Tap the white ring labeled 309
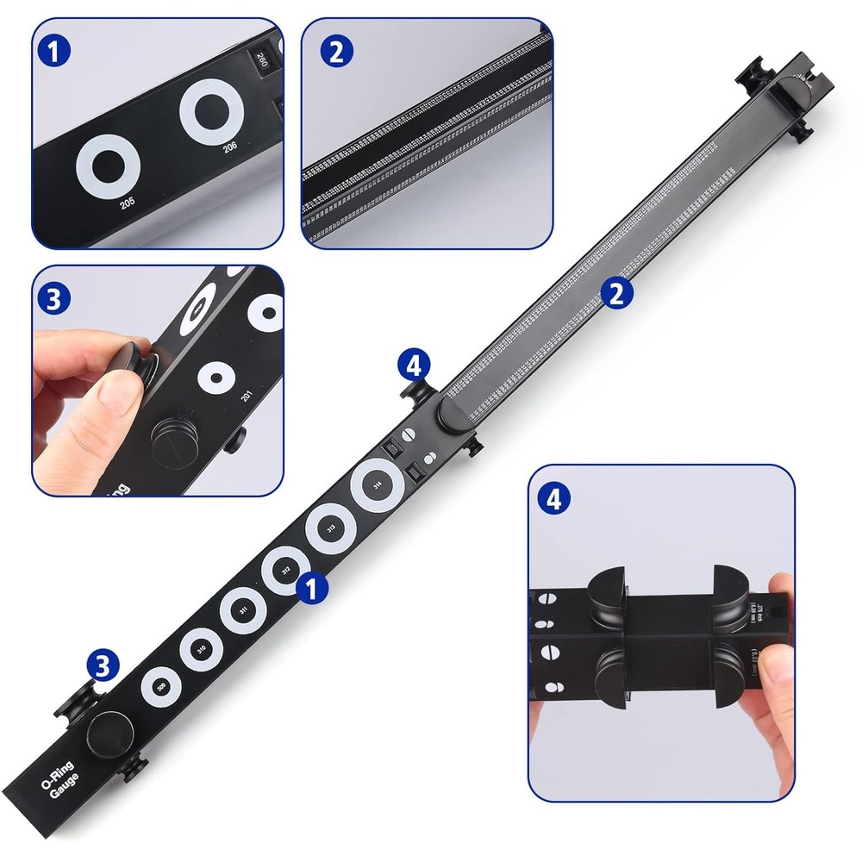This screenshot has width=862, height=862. pyautogui.click(x=161, y=686)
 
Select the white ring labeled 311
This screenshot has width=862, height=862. pyautogui.click(x=244, y=611)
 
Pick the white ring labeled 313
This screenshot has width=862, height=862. pyautogui.click(x=331, y=528)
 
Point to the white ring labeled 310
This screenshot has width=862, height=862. pyautogui.click(x=202, y=649)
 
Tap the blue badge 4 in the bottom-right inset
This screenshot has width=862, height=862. pyautogui.click(x=553, y=499)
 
